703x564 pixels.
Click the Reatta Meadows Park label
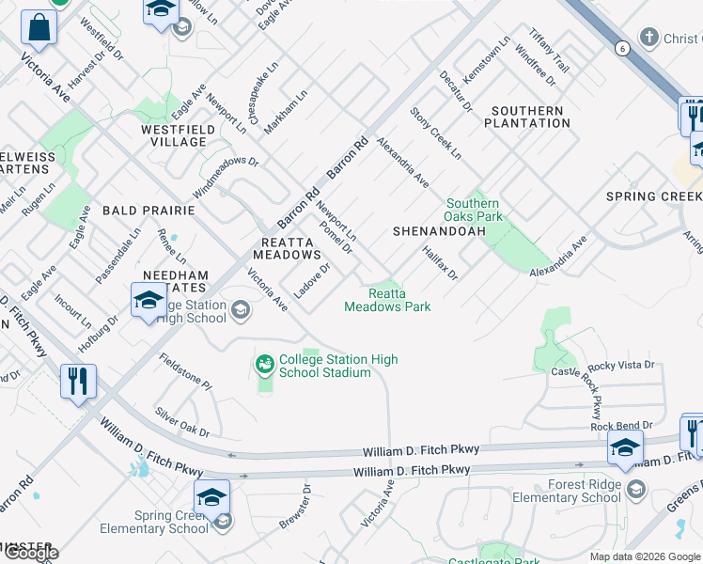pos(387,300)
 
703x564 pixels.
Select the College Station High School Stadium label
pos(338,366)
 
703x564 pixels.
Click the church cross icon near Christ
pos(648,38)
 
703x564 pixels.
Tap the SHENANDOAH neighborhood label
pos(439,230)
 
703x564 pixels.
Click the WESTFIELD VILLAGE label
pos(174,135)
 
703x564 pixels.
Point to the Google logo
pos(30,553)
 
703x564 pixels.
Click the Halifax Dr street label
pos(439,262)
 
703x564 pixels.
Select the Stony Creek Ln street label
pos(435,133)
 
